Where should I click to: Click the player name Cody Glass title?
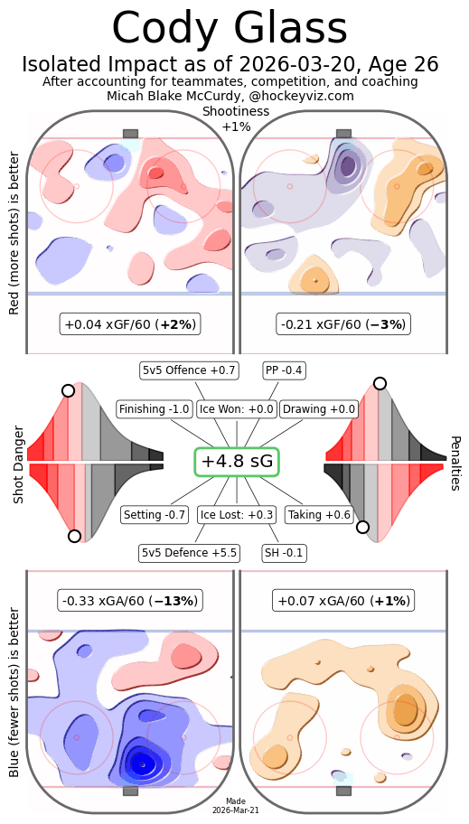click(230, 29)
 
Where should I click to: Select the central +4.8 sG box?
click(237, 461)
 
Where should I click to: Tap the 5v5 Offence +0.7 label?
click(189, 370)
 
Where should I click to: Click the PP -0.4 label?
click(284, 370)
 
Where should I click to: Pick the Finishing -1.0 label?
click(155, 409)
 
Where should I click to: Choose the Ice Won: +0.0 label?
click(237, 409)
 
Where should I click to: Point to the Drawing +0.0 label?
click(319, 409)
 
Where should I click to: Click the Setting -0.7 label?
click(155, 515)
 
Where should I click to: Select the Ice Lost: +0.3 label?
click(237, 515)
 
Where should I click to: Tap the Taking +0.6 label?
click(319, 515)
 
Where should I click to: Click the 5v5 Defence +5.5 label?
click(188, 552)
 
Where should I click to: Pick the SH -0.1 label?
click(284, 552)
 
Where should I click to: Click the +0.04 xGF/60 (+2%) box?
click(130, 323)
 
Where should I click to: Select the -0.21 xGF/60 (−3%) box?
click(343, 323)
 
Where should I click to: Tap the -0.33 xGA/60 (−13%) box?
click(130, 600)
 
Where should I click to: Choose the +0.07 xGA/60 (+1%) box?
click(343, 600)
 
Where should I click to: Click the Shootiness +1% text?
click(237, 118)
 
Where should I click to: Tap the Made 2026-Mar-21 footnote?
click(237, 806)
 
